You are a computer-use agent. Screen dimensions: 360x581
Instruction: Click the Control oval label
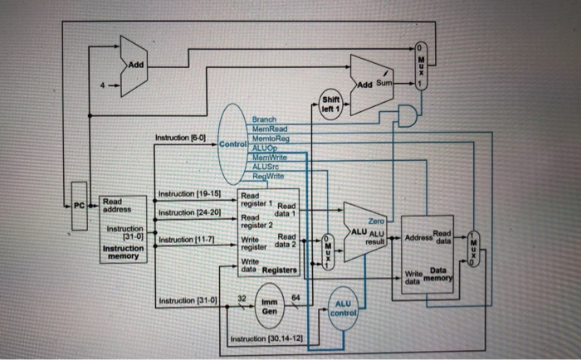coord(233,144)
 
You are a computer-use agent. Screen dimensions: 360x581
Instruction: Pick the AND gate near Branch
coord(408,118)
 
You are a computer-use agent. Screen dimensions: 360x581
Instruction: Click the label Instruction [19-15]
coord(188,196)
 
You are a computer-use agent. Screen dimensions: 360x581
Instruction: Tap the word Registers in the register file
coord(280,270)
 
